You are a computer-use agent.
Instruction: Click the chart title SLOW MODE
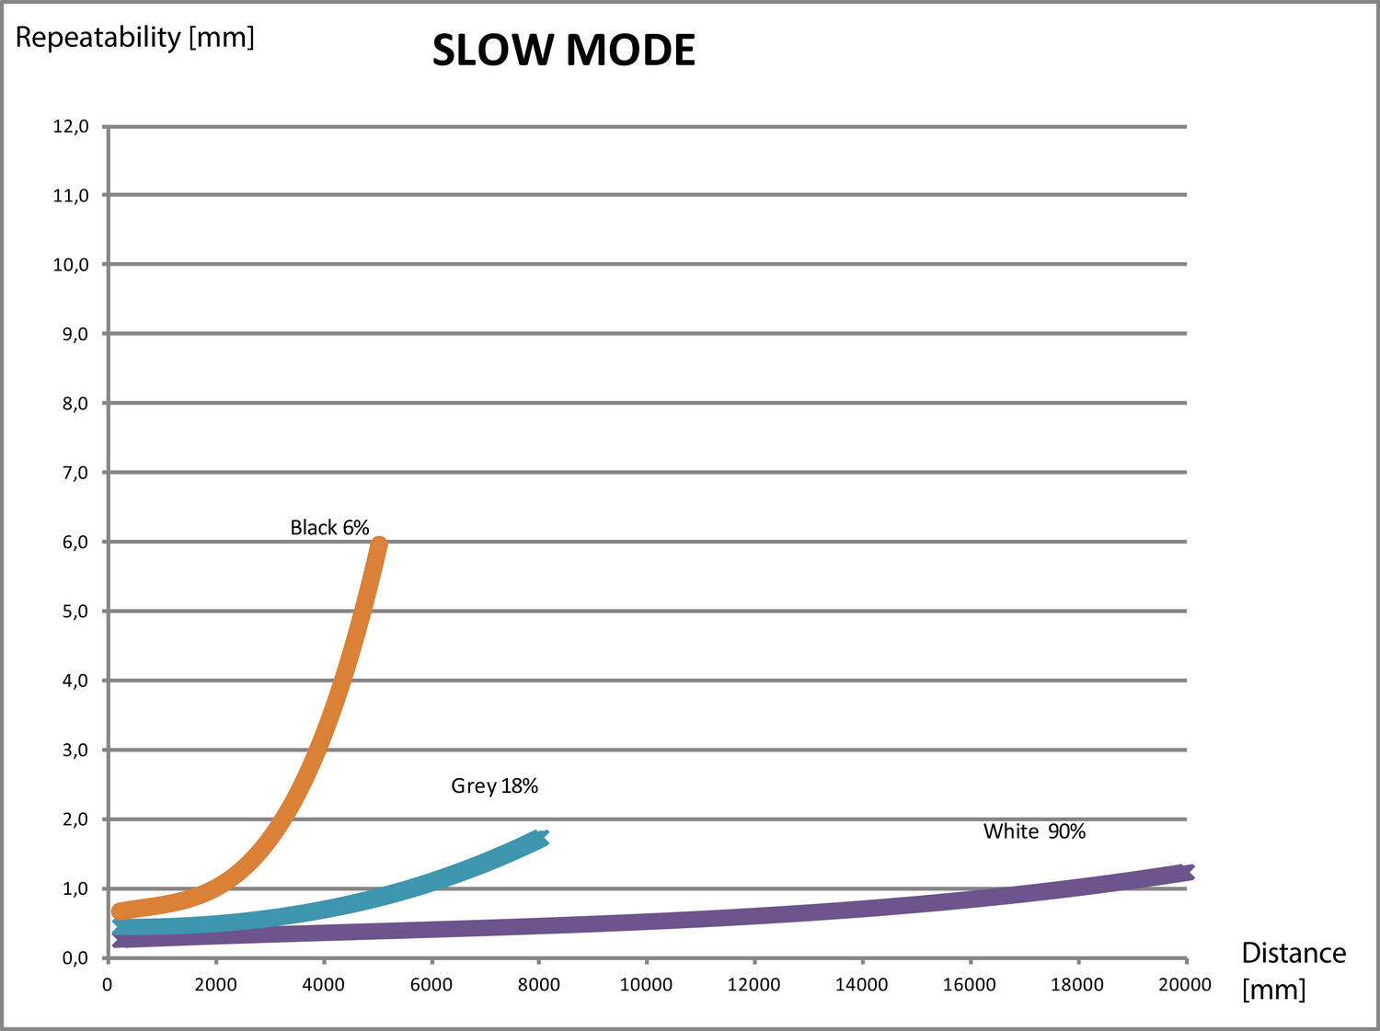(563, 51)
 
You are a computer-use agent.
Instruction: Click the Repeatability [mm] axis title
(134, 38)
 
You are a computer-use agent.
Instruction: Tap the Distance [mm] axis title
(1292, 970)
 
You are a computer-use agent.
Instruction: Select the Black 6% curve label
(329, 528)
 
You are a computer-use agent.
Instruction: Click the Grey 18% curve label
(494, 785)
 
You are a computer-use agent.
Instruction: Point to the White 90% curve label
(1034, 831)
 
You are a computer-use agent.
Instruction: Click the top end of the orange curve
(378, 544)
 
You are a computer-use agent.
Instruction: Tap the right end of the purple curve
(1188, 873)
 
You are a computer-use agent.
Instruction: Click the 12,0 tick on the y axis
(71, 126)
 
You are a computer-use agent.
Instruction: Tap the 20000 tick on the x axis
(1185, 985)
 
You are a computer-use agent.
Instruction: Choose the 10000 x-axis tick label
(646, 985)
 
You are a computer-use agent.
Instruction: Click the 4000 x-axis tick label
(323, 985)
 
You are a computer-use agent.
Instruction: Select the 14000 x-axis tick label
(861, 985)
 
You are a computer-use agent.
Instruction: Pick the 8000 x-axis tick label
(538, 985)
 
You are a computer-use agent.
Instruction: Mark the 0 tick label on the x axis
(108, 985)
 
